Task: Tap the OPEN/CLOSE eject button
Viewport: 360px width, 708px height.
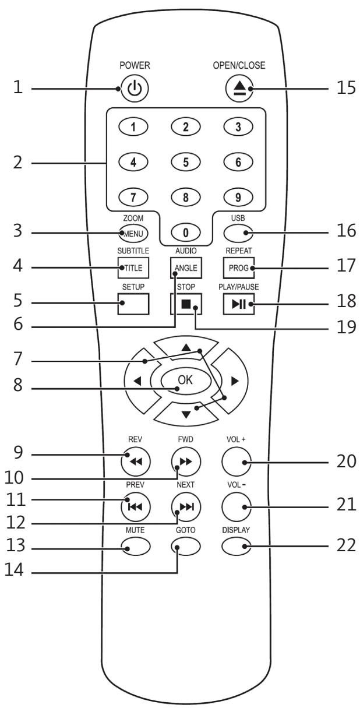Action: [239, 88]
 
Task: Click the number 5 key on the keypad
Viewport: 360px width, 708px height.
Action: [185, 162]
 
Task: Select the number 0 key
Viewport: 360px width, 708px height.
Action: [185, 233]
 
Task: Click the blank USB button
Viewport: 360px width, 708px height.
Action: [238, 233]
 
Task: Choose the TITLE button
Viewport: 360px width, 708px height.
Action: [133, 267]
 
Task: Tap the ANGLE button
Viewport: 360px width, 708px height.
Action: [186, 267]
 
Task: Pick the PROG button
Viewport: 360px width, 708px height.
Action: [239, 267]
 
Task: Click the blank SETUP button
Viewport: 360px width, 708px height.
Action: [133, 304]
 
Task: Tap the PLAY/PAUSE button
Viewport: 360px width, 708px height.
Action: [239, 304]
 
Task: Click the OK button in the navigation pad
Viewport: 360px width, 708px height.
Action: [185, 381]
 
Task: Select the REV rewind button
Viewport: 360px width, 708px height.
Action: [136, 462]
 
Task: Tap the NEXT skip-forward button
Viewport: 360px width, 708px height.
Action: [186, 506]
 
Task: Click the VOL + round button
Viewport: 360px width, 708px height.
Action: [237, 462]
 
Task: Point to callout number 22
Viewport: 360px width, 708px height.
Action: [347, 545]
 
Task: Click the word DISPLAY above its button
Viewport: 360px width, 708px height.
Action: [236, 530]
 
